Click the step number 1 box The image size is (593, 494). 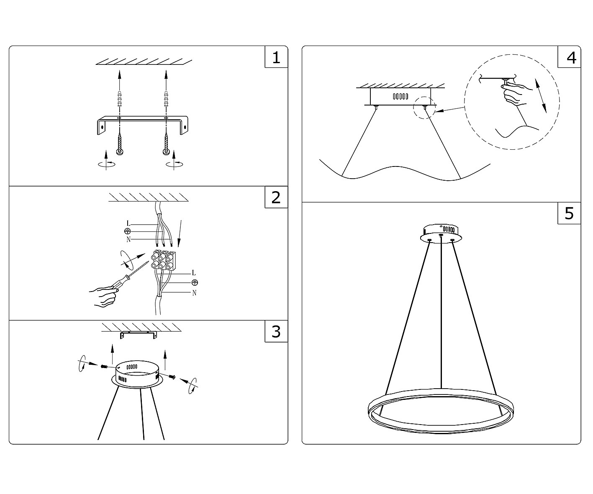276,57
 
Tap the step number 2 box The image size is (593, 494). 276,197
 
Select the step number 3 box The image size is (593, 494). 276,331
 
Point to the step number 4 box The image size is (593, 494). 569,57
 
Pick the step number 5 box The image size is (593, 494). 569,213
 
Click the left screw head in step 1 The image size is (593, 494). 120,152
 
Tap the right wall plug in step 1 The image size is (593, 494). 166,98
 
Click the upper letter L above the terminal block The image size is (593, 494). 128,224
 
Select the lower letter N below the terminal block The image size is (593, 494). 194,293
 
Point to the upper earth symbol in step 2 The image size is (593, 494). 128,231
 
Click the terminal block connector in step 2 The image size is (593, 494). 163,259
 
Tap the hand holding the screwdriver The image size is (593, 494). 104,296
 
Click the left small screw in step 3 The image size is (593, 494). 104,367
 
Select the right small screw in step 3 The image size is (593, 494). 172,376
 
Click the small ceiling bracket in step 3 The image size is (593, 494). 139,335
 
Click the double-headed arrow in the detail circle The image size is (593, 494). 541,96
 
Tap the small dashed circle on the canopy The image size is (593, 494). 424,108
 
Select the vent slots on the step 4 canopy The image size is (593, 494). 400,97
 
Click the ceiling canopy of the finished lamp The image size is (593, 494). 441,234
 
